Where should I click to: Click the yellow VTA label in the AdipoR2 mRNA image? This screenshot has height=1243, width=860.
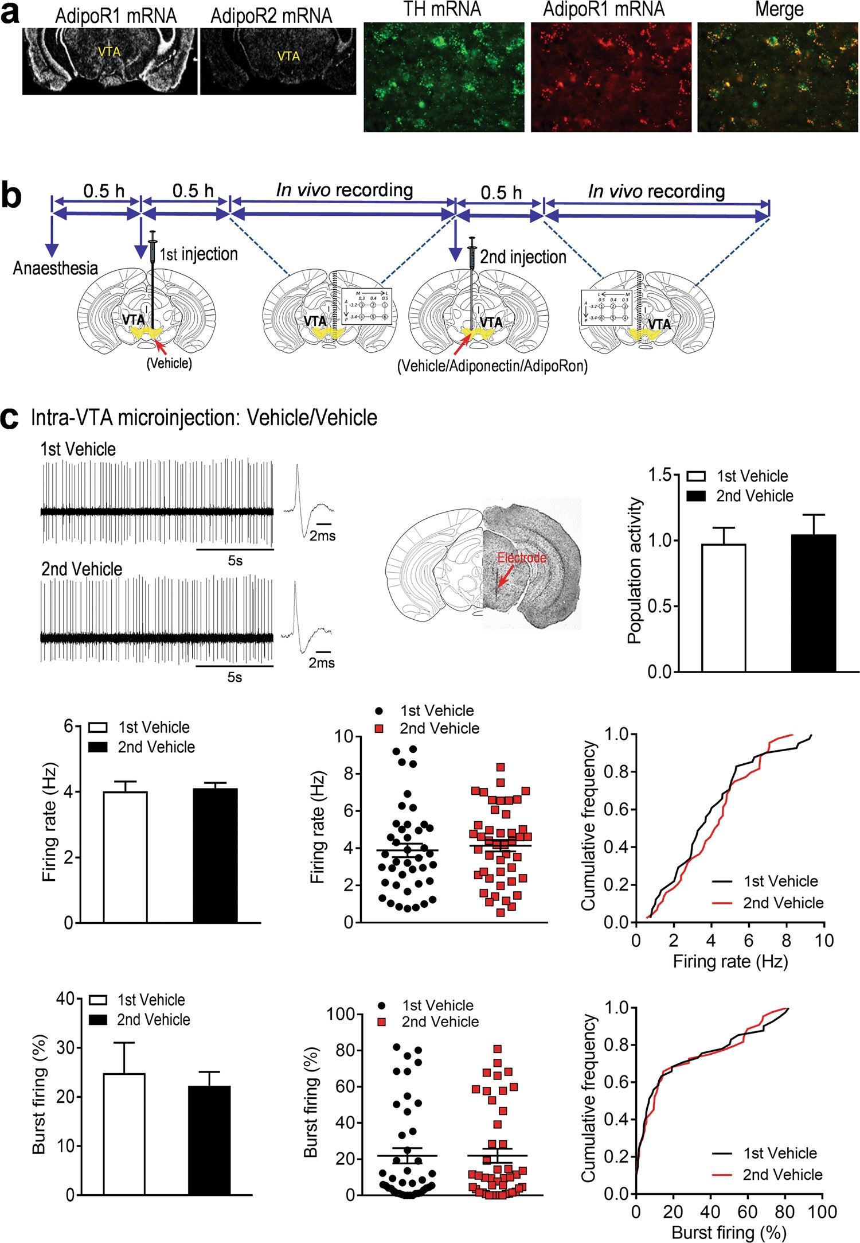pyautogui.click(x=288, y=56)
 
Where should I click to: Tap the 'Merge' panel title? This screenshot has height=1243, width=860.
pyautogui.click(x=779, y=9)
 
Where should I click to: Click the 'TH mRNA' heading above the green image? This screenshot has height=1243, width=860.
pyautogui.click(x=442, y=9)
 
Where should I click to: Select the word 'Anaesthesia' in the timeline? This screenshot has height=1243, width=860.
pyautogui.click(x=56, y=268)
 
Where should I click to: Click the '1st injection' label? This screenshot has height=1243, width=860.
pyautogui.click(x=198, y=254)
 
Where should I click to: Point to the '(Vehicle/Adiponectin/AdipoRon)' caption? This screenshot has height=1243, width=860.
pyautogui.click(x=492, y=366)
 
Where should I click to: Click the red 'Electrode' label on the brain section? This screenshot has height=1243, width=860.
pyautogui.click(x=521, y=557)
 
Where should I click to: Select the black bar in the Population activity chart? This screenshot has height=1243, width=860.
pyautogui.click(x=813, y=603)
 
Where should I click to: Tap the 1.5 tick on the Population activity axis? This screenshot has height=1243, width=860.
pyautogui.click(x=660, y=475)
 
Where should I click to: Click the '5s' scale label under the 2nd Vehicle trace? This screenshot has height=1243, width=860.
pyautogui.click(x=234, y=677)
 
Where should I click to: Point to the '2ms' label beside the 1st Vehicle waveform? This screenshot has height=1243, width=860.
pyautogui.click(x=323, y=536)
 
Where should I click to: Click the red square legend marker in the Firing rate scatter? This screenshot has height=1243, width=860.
pyautogui.click(x=378, y=728)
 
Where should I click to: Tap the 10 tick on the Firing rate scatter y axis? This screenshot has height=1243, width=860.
pyautogui.click(x=345, y=736)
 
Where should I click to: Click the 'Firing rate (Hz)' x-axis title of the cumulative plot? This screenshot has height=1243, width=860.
pyautogui.click(x=730, y=962)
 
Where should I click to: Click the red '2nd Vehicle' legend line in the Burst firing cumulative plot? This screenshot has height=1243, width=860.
pyautogui.click(x=722, y=1175)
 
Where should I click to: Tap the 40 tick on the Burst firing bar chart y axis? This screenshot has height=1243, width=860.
pyautogui.click(x=65, y=999)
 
